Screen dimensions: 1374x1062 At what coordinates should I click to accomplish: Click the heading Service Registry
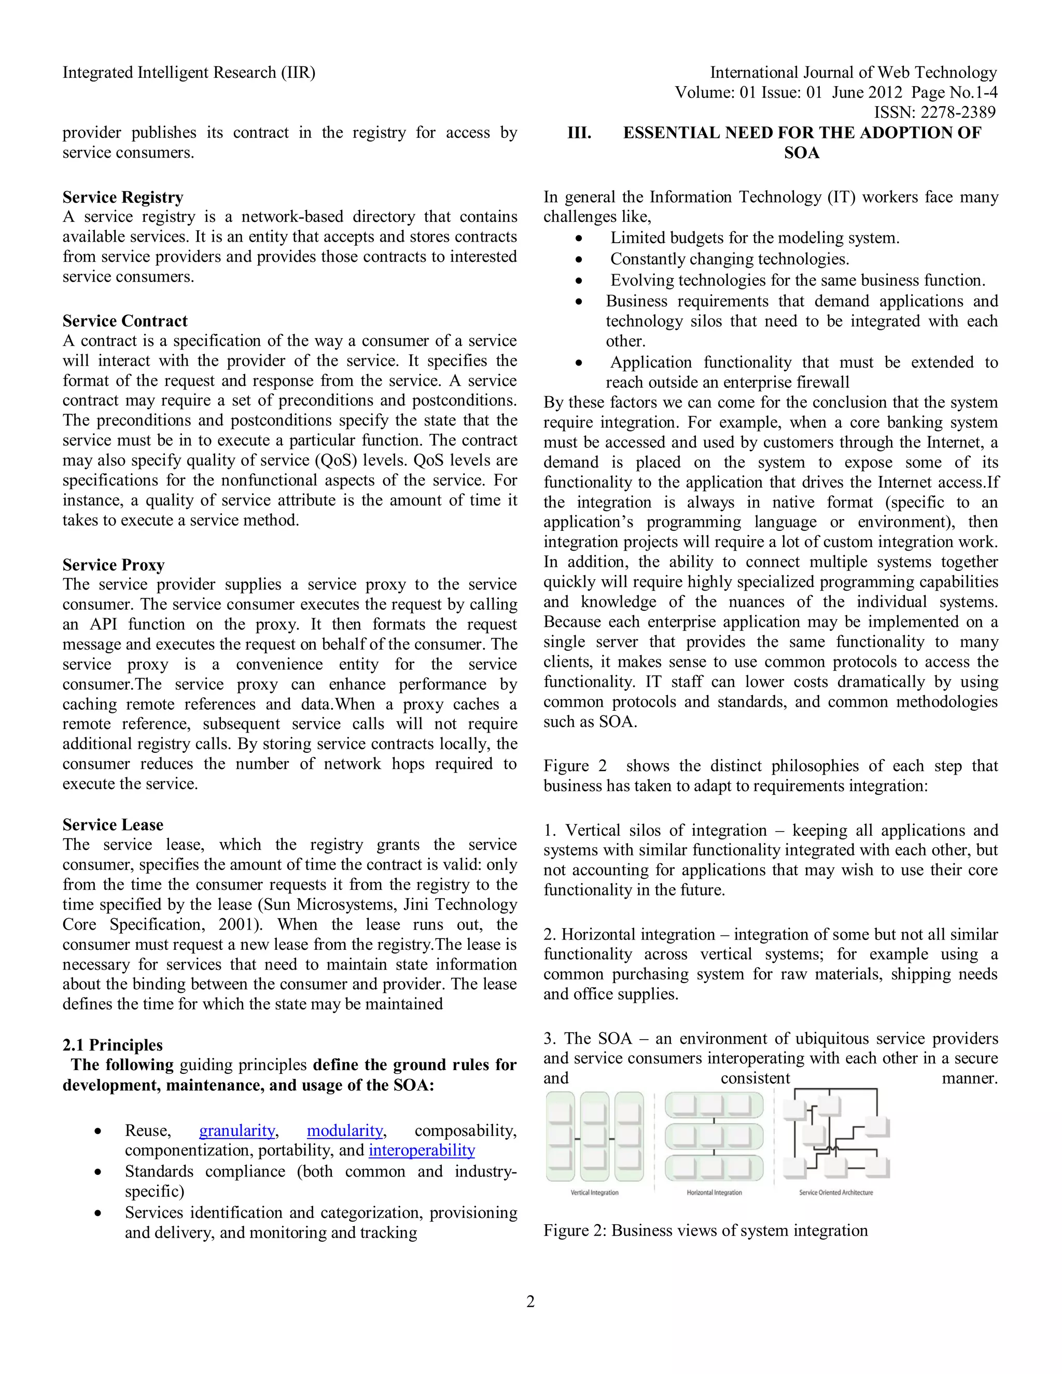(x=123, y=198)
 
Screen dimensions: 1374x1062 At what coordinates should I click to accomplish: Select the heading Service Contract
(x=124, y=321)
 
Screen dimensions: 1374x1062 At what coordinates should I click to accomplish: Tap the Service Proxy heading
(x=113, y=565)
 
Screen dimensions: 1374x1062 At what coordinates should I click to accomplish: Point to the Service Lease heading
(x=113, y=825)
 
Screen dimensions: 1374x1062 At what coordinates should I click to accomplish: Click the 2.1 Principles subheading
(x=112, y=1045)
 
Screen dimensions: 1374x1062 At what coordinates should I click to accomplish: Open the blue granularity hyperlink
(x=237, y=1130)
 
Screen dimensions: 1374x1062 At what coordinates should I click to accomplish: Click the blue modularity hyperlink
(x=345, y=1130)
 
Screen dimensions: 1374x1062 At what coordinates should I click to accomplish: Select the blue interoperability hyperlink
(x=422, y=1150)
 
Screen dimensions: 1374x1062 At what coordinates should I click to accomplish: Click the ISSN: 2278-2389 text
(x=935, y=113)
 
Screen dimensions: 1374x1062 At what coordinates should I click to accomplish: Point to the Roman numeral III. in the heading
(x=579, y=133)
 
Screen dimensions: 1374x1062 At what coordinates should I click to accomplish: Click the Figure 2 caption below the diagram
(x=705, y=1230)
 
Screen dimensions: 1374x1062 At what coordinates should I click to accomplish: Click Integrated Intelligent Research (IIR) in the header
(x=189, y=73)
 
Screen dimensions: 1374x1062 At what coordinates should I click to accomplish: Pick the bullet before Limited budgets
(x=578, y=239)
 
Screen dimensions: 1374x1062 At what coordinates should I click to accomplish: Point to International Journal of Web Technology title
(x=853, y=73)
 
